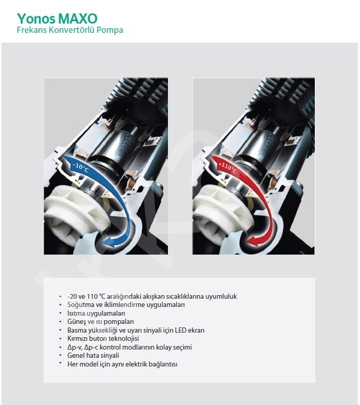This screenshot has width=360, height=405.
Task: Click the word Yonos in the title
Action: point(36,19)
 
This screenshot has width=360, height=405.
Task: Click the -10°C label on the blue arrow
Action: point(81,167)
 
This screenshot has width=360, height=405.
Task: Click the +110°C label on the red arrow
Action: point(228,168)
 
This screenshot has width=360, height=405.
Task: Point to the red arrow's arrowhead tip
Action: point(248,241)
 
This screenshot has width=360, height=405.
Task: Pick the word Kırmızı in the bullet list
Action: point(78,339)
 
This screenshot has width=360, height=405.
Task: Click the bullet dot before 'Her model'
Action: point(61,363)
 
